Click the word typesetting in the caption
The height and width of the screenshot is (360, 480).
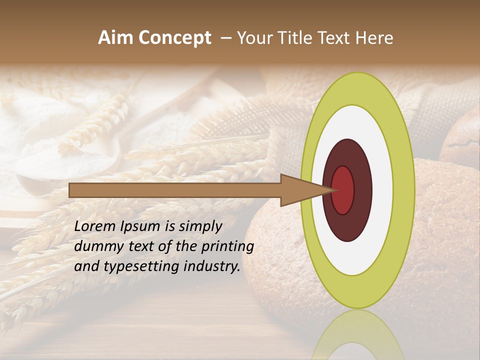(146, 267)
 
